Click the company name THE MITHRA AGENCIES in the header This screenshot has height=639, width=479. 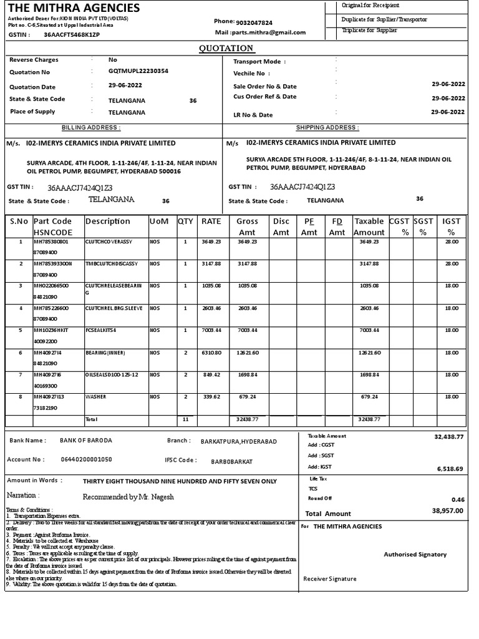tap(74, 8)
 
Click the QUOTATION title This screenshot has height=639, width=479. tap(226, 48)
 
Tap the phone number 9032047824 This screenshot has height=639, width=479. tap(255, 21)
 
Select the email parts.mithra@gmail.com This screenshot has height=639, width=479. tap(269, 32)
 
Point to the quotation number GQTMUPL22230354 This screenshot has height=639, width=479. tap(138, 72)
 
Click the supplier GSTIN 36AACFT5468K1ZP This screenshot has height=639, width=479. tap(72, 34)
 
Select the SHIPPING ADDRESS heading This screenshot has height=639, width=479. tap(327, 127)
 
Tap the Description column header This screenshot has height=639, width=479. tap(108, 222)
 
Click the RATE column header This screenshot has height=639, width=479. tap(211, 222)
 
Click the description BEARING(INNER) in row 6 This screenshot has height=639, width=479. tap(105, 353)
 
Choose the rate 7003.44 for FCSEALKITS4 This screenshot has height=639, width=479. tap(212, 330)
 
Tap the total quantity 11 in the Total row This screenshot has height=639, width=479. tap(185, 419)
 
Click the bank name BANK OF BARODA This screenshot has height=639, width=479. tap(86, 441)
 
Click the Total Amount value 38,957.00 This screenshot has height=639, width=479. tap(448, 510)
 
